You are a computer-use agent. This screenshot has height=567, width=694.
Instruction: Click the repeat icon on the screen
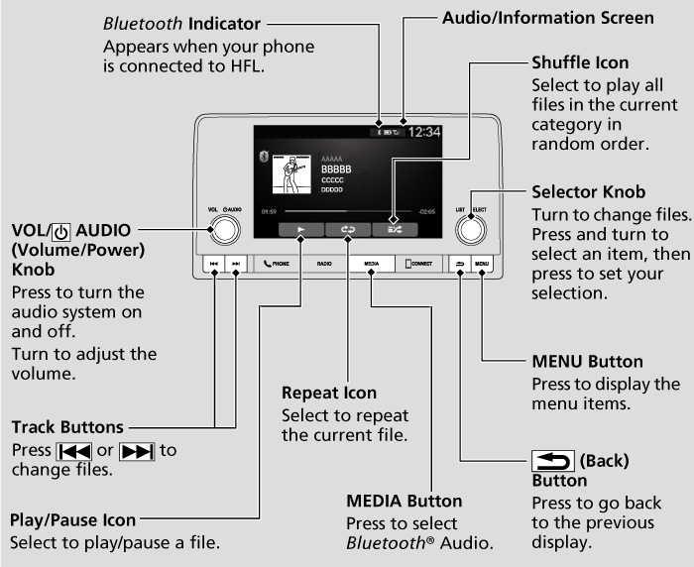(347, 227)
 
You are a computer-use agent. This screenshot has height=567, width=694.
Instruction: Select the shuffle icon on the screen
(394, 227)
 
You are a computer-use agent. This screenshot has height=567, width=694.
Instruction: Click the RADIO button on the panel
(324, 265)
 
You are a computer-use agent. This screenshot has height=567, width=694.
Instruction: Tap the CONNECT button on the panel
(417, 265)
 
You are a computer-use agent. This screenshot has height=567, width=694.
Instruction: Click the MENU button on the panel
(482, 265)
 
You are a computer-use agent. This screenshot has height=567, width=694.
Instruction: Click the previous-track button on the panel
(214, 265)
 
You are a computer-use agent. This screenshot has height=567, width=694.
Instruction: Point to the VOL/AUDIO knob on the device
(224, 229)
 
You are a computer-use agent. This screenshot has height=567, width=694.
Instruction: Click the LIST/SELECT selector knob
(471, 229)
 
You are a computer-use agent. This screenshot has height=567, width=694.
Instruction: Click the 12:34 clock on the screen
(424, 131)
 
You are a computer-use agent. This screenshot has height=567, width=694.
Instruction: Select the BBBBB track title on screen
(336, 170)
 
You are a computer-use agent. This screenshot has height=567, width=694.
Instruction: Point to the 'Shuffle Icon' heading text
(580, 62)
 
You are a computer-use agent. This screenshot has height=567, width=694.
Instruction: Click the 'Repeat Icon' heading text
(328, 393)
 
